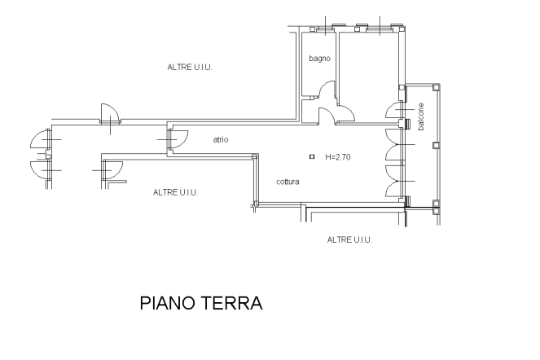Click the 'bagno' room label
point(319,59)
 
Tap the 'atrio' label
point(221,139)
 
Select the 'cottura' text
point(288,182)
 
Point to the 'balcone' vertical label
point(420,116)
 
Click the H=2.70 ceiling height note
point(338,157)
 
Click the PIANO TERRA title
point(201,303)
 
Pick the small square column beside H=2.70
point(312,156)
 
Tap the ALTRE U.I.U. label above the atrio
point(190,67)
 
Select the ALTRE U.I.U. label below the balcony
point(349,239)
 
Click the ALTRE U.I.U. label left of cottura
point(176,192)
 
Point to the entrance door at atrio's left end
point(178,139)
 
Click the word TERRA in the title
point(231,303)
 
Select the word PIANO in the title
point(167,303)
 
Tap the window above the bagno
point(326,29)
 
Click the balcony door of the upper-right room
point(395,110)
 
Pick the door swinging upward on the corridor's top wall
point(110,112)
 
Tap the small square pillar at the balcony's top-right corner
point(436,87)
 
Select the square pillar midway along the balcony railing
point(436,145)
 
